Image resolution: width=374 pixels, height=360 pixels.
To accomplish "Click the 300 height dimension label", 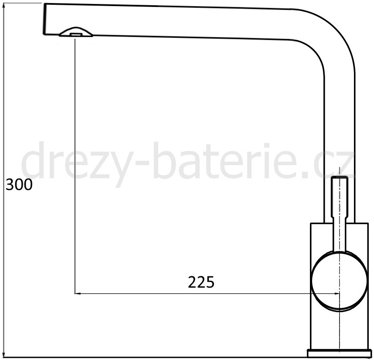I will tap(19, 185).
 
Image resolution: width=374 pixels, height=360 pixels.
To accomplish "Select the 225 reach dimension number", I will tap(201, 282).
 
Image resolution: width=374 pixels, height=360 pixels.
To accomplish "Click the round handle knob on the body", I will tap(339, 281).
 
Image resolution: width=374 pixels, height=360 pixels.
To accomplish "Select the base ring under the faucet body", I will tap(340, 353).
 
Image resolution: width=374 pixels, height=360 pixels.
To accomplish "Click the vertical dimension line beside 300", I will tap(3, 262).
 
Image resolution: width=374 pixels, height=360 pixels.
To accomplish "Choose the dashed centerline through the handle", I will tap(339, 323).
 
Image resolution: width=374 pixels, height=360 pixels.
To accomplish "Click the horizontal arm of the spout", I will tap(174, 22).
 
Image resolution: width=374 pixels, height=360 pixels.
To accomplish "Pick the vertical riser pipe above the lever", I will tap(340, 122).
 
